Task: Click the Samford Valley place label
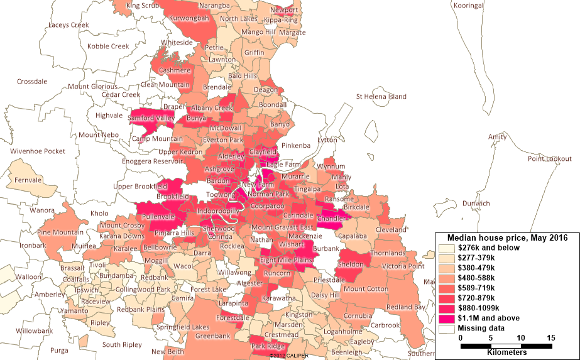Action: [x=151, y=117]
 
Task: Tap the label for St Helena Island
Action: [x=381, y=97]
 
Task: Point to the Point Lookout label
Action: [x=549, y=159]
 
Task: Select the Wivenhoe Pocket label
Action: [x=37, y=151]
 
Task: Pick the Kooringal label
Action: [x=468, y=5]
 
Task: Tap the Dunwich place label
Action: [x=476, y=204]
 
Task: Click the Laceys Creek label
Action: [x=70, y=25]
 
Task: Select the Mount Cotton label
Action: [x=363, y=289]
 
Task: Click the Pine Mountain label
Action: [x=61, y=232]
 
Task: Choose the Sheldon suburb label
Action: [x=351, y=265]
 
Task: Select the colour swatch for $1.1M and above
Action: [x=447, y=318]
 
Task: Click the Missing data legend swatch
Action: [x=447, y=328]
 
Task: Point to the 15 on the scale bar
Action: [x=551, y=338]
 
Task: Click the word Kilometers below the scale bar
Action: [x=506, y=352]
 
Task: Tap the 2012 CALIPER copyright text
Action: [x=290, y=356]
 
